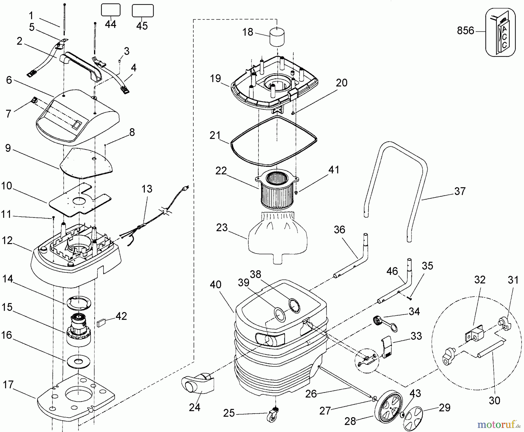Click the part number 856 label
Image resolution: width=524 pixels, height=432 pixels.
click(x=465, y=31)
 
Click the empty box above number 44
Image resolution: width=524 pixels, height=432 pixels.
click(x=111, y=10)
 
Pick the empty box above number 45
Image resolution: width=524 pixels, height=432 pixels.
click(x=143, y=11)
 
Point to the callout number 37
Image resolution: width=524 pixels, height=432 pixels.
click(x=460, y=192)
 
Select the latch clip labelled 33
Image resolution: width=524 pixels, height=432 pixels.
click(x=387, y=347)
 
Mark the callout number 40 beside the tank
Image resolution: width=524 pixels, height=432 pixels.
click(x=215, y=285)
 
